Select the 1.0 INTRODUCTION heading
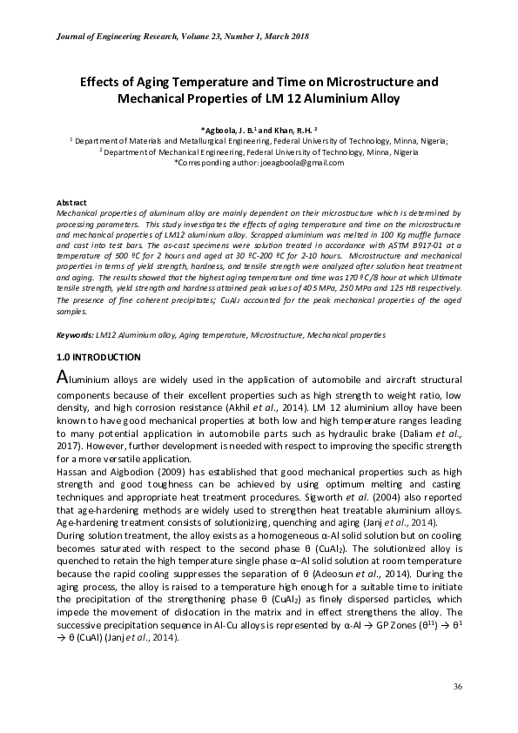coord(98,357)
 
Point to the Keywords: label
coord(75,335)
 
